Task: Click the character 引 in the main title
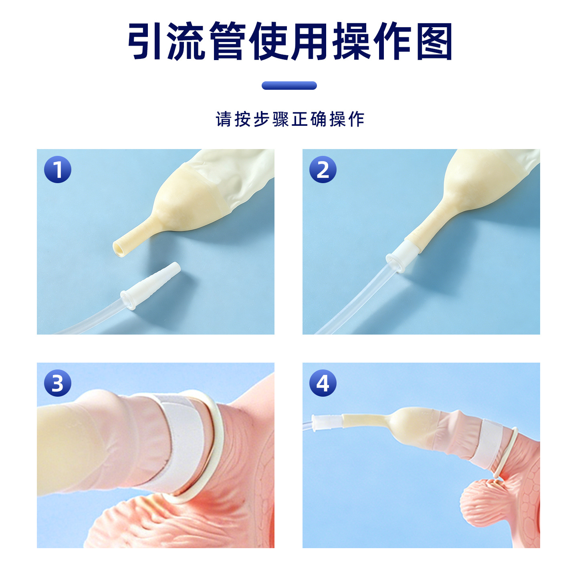(144, 41)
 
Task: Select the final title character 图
(434, 41)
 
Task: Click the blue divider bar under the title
(289, 85)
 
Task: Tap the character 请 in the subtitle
(223, 119)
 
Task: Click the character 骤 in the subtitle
(280, 119)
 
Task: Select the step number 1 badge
(57, 169)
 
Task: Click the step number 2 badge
(323, 169)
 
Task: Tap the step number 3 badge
(57, 383)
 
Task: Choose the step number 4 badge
(323, 383)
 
